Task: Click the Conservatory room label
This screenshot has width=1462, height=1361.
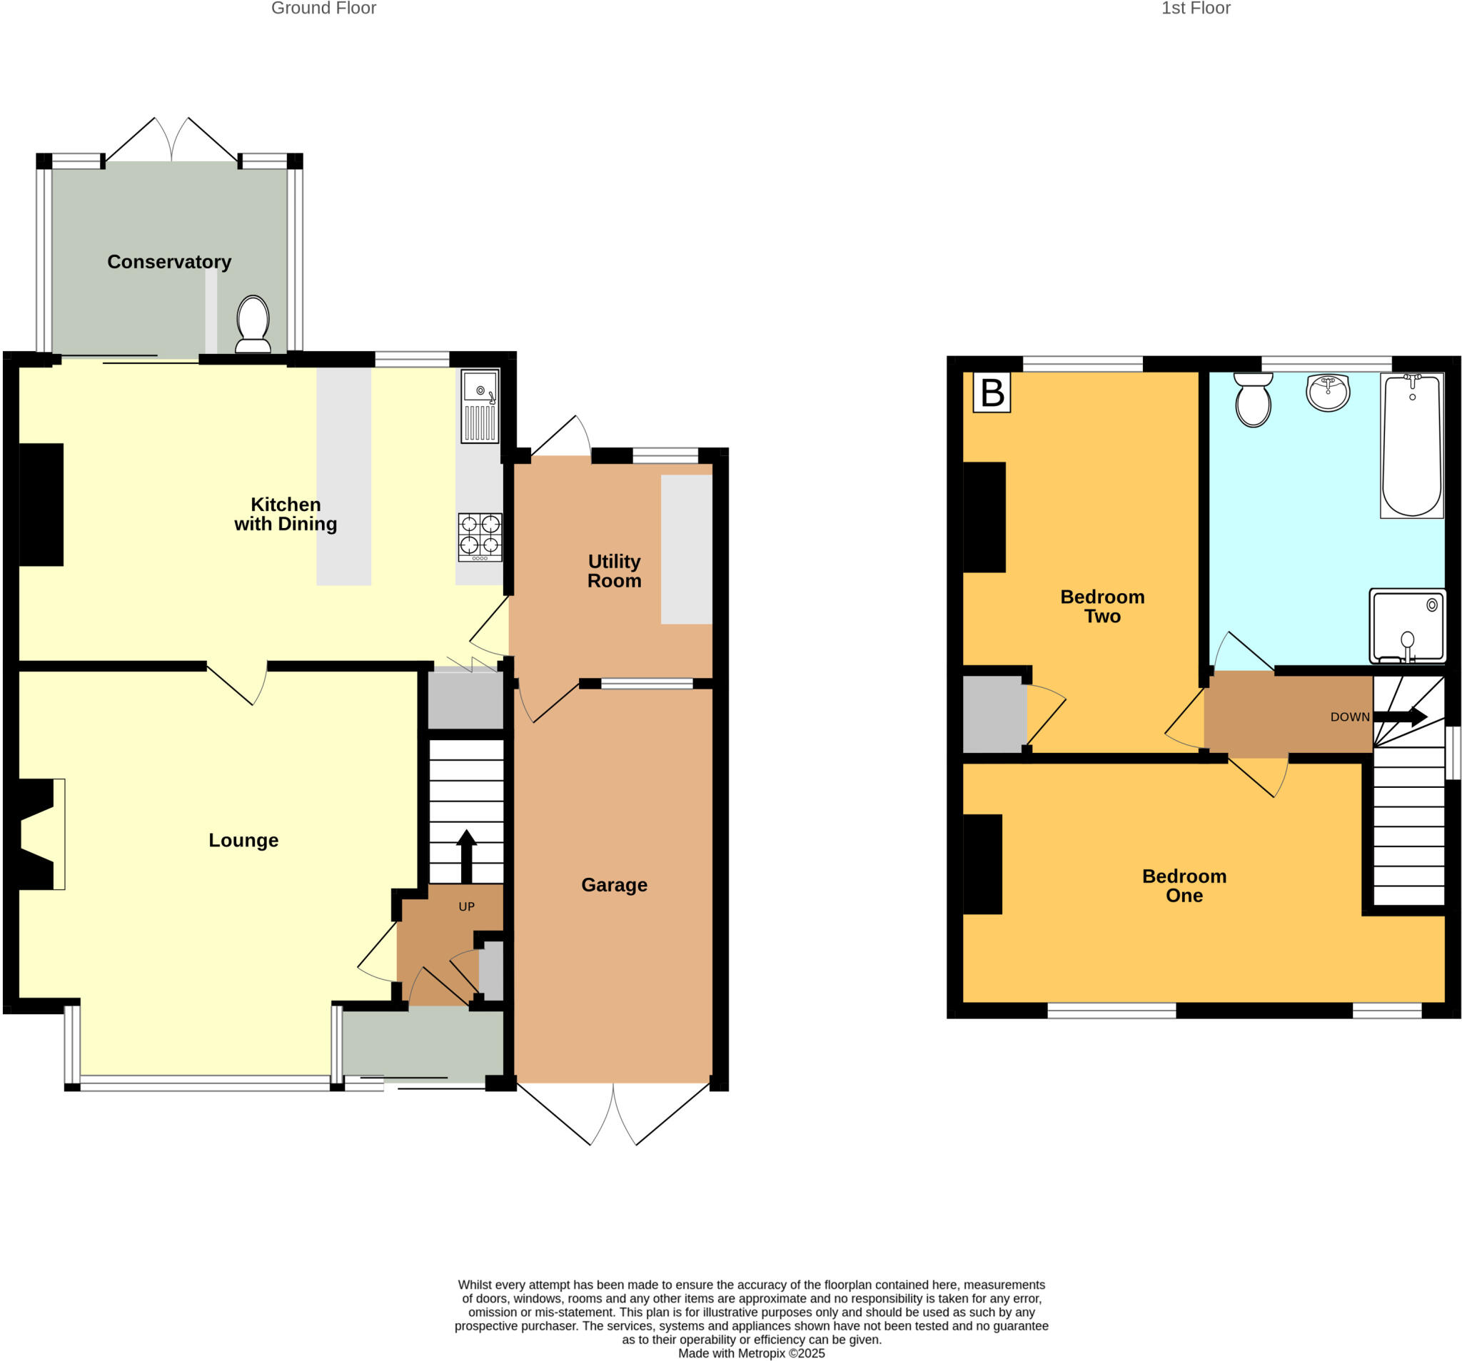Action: pos(169,262)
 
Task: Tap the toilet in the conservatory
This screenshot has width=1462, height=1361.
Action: pos(253,324)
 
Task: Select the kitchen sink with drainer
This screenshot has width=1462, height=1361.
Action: pos(480,406)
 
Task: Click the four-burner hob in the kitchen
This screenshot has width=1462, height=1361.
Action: pos(480,537)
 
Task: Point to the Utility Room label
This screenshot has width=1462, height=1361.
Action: pos(614,572)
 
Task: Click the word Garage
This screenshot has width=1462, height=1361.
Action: pos(614,884)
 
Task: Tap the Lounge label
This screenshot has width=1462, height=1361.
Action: pos(243,841)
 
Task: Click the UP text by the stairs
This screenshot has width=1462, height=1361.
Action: pos(466,906)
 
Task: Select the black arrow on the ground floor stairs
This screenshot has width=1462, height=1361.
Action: pos(466,856)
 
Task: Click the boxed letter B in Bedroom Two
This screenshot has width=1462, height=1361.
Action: pos(992,393)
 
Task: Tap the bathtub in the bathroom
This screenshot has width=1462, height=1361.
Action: pos(1412,445)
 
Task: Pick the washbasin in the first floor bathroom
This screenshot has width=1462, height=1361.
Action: pos(1329,392)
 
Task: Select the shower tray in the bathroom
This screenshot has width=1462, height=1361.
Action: pos(1408,626)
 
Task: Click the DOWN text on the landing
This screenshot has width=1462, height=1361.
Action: pos(1350,717)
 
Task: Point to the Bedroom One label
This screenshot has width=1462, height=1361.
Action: pos(1184,885)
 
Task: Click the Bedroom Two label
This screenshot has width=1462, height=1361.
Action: pos(1102,606)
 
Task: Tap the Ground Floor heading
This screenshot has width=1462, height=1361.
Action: pos(323,8)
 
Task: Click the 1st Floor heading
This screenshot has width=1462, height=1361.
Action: pos(1196,8)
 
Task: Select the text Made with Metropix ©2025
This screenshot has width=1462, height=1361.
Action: pos(752,1353)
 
